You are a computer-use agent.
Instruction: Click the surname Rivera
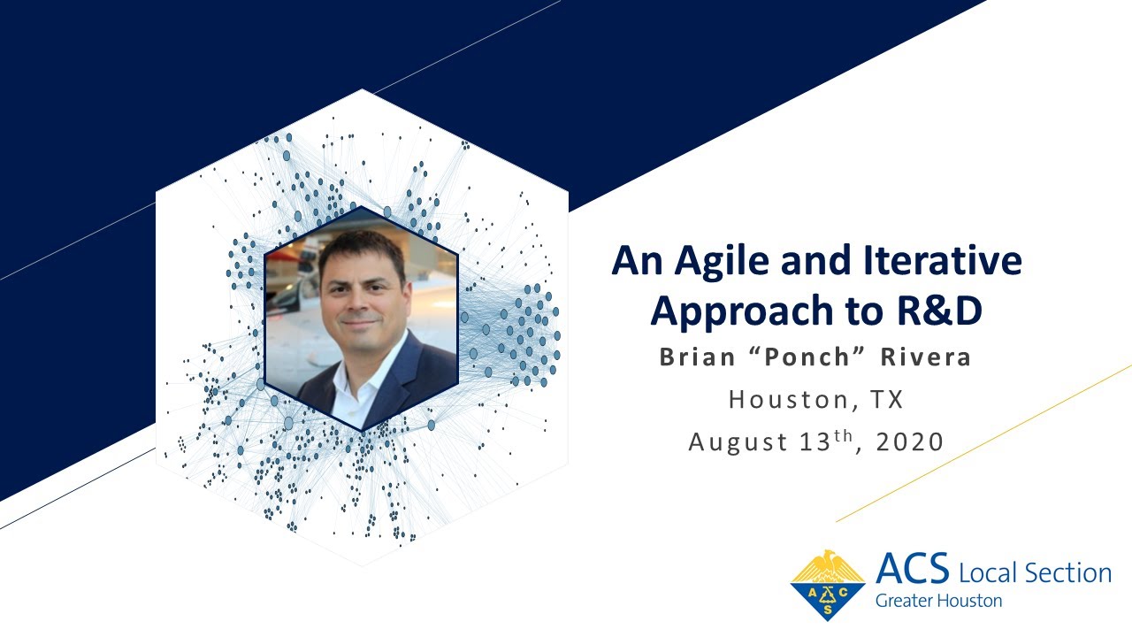[925, 357]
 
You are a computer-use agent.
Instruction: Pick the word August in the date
[739, 441]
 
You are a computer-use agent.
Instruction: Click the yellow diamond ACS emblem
[828, 585]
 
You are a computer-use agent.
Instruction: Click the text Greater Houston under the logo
[938, 601]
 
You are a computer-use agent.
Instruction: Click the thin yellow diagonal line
[982, 443]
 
